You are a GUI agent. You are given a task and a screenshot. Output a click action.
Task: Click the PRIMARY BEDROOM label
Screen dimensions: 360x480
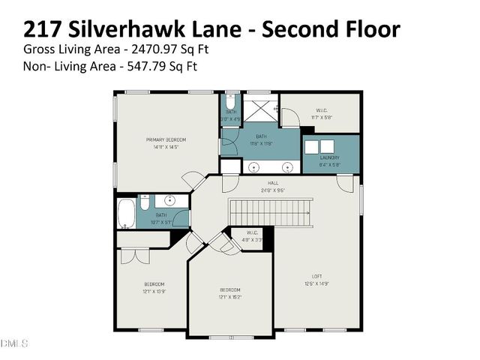[166, 140]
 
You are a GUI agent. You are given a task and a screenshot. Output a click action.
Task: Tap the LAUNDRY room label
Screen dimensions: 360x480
[330, 157]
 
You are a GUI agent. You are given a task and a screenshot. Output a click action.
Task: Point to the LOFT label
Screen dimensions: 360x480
[316, 275]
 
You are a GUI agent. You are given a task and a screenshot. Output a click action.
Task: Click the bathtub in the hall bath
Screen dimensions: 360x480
[127, 214]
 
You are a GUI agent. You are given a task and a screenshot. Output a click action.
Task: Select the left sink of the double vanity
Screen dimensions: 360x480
[255, 167]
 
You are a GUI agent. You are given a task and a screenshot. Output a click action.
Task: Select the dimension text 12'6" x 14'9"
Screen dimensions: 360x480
[316, 283]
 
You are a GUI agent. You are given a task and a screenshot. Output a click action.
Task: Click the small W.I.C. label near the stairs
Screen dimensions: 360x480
[253, 232]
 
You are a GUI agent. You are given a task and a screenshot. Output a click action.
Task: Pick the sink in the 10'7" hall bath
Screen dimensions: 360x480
[169, 200]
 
